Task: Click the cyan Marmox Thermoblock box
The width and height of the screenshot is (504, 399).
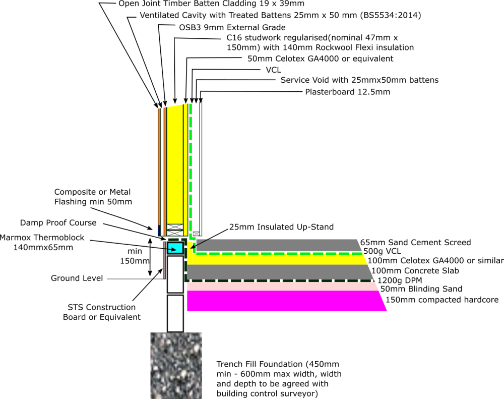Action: pos(175,248)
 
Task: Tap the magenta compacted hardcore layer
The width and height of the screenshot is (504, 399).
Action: pos(286,301)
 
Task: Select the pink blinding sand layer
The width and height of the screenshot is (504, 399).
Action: pos(283,287)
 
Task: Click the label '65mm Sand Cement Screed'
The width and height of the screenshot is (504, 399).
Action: pos(415,242)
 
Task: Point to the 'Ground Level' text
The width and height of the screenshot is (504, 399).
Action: pos(77,278)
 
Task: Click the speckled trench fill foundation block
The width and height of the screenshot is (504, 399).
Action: pos(176,366)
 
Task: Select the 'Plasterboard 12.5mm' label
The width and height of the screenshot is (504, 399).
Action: pos(347,92)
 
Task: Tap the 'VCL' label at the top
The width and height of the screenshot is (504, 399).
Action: pos(273,70)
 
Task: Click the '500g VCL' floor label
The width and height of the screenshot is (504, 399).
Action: pos(382,251)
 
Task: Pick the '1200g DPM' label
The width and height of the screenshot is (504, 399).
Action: pos(400,280)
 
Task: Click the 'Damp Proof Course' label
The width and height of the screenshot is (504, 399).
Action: pos(58,222)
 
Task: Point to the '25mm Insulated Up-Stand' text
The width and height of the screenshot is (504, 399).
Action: pos(281,227)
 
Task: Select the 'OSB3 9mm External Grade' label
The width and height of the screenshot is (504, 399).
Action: pos(232,27)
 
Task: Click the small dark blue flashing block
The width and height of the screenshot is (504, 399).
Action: pos(159,231)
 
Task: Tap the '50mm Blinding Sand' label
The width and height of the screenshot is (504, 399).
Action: pos(421,289)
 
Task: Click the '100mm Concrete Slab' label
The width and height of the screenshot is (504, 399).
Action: pos(415,270)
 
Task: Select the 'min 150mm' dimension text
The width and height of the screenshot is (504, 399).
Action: pos(135,256)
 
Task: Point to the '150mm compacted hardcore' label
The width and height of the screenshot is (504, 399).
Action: pos(442,300)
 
